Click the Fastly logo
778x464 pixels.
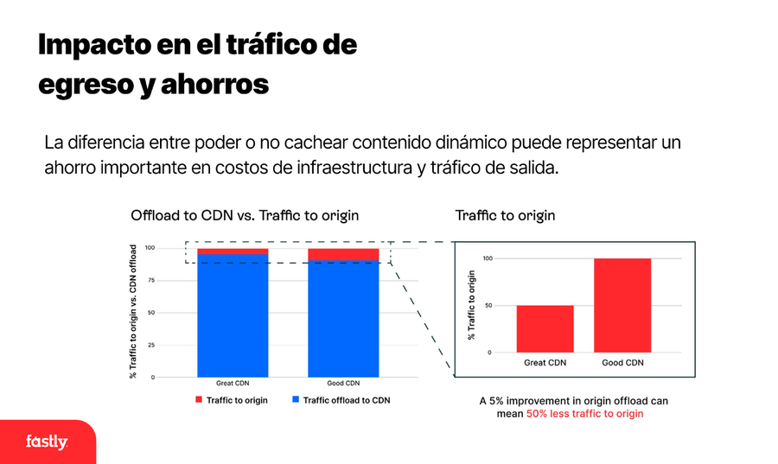(46, 442)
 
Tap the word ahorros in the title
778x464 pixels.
(213, 85)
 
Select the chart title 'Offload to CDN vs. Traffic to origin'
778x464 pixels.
(245, 215)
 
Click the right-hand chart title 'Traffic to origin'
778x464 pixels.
(505, 215)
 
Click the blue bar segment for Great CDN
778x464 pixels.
(233, 315)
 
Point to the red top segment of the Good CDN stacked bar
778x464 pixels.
(343, 254)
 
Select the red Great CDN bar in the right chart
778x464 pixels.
(545, 328)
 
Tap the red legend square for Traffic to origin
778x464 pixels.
(198, 400)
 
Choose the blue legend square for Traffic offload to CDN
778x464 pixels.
(295, 400)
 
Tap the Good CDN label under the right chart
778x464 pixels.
(622, 363)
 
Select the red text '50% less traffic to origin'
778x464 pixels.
(584, 414)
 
